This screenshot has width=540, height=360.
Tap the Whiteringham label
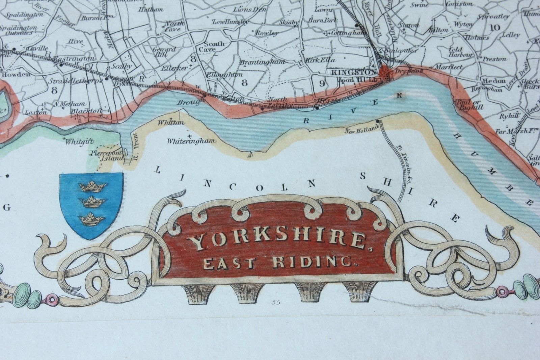coord(191,141)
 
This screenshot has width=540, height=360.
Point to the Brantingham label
coord(267,62)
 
